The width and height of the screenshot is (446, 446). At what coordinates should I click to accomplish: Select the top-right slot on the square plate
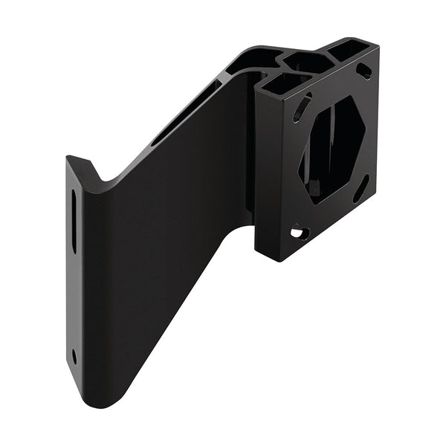pos(363,71)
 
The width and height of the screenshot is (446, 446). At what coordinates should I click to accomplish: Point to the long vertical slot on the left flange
pos(74,224)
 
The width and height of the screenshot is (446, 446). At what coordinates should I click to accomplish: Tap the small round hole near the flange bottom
pos(74,355)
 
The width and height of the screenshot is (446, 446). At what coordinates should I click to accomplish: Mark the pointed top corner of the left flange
pos(68,158)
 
